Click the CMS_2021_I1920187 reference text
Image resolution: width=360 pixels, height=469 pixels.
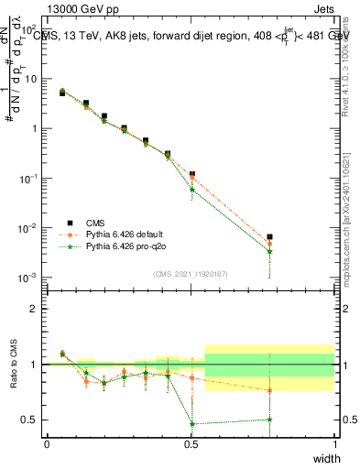coord(190,273)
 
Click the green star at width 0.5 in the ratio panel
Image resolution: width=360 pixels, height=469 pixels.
coord(191,424)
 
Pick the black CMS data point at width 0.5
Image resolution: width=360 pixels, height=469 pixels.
coord(191,174)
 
